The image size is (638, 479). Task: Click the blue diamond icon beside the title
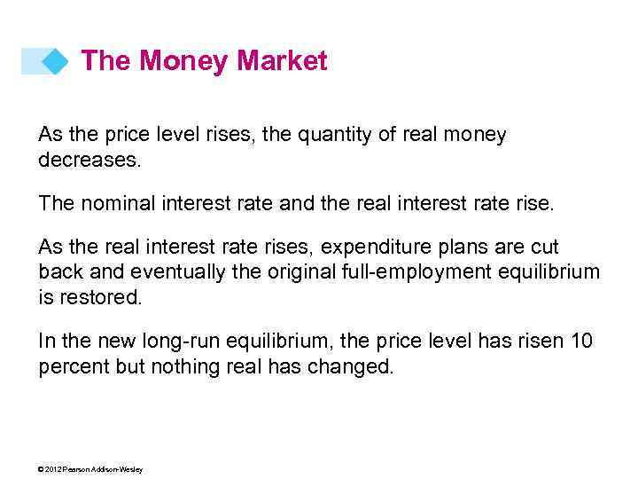pos(56,61)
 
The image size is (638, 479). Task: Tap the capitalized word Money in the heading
pos(185,61)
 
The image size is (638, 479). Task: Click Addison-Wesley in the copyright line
pos(118,469)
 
